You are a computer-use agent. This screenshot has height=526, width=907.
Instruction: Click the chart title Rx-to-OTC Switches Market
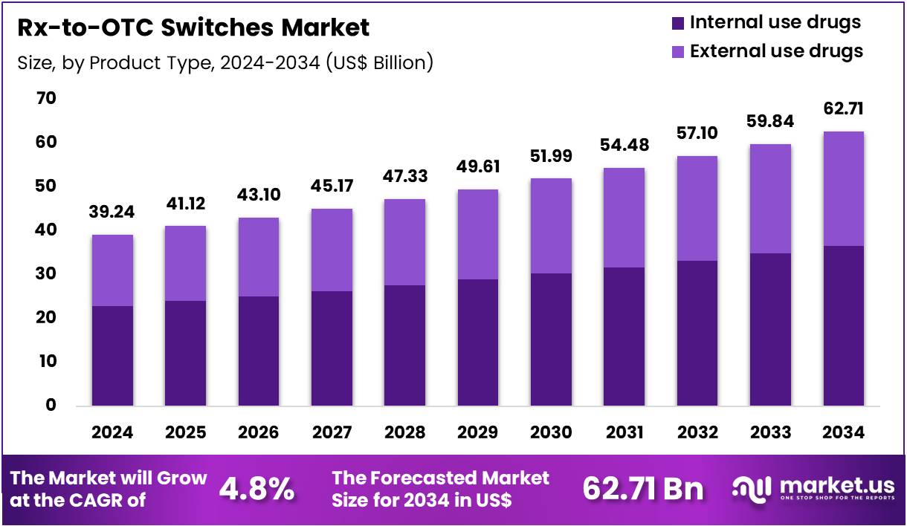[193, 28]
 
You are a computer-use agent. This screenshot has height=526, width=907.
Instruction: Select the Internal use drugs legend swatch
[677, 23]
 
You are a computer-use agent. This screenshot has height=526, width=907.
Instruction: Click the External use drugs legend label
[776, 51]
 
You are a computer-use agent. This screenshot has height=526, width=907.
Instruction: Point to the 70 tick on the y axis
[46, 98]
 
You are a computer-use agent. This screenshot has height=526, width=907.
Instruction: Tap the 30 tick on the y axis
[46, 273]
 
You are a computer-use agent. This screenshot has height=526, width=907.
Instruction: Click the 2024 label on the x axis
[112, 432]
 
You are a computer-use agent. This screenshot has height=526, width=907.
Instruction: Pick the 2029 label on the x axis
[478, 432]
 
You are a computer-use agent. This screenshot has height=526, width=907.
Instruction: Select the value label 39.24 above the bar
[112, 212]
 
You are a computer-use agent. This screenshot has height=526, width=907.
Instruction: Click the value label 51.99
[551, 156]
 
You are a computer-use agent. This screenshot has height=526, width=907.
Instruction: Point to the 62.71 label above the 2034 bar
[843, 109]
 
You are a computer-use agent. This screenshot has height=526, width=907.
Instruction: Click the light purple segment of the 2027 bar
[332, 250]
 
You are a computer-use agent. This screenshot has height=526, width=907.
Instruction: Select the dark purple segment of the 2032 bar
[697, 333]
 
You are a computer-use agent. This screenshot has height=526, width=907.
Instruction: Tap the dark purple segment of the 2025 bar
[185, 353]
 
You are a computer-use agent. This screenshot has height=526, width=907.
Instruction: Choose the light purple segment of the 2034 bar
[843, 189]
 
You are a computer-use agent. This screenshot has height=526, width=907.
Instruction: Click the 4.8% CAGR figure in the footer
[256, 490]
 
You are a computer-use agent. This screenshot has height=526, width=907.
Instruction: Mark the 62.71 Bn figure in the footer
[642, 490]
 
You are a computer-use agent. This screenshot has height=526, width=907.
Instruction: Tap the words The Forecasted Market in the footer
[440, 478]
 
